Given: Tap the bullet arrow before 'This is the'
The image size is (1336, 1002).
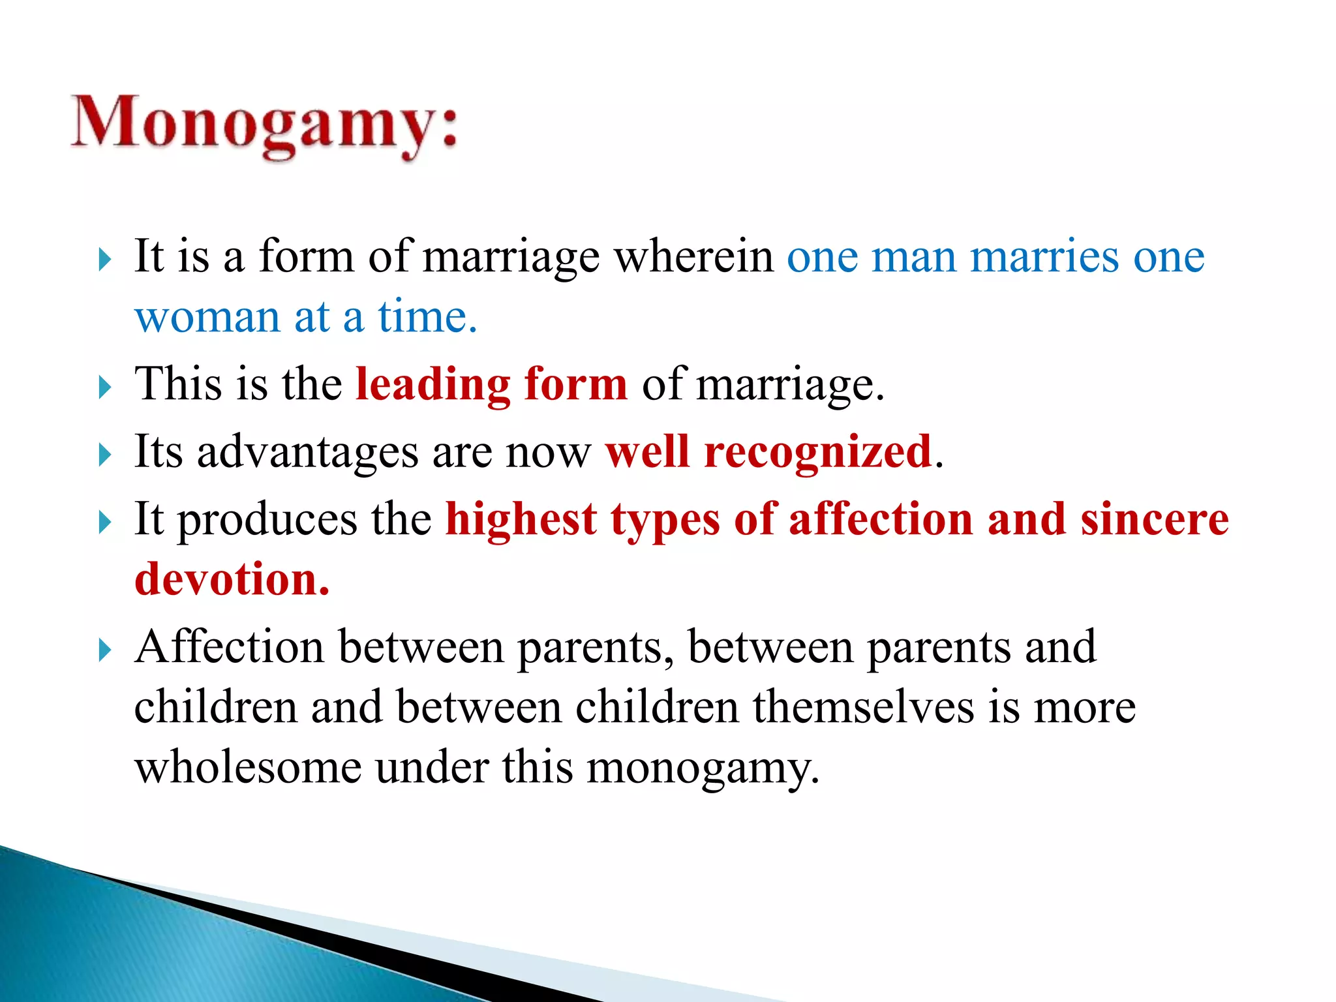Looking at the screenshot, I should tap(105, 387).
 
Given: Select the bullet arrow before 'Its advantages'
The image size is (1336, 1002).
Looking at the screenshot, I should tap(105, 455).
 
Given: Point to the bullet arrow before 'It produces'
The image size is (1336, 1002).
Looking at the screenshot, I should tap(105, 523).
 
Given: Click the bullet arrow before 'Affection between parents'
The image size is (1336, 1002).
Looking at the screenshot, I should tap(105, 650).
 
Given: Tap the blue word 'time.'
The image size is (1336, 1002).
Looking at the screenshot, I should tap(427, 317).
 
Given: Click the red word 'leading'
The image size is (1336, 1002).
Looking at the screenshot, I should tap(433, 384).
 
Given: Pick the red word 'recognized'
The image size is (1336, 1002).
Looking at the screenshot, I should tap(818, 453).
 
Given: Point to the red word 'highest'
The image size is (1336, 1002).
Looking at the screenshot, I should tap(521, 520).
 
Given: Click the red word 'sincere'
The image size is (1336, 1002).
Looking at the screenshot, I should tap(1154, 520).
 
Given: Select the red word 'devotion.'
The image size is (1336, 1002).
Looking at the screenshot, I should tap(232, 580).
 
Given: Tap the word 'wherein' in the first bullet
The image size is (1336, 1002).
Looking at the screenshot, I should tap(694, 257).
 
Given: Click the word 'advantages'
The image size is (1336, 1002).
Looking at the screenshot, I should tap(307, 453).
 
